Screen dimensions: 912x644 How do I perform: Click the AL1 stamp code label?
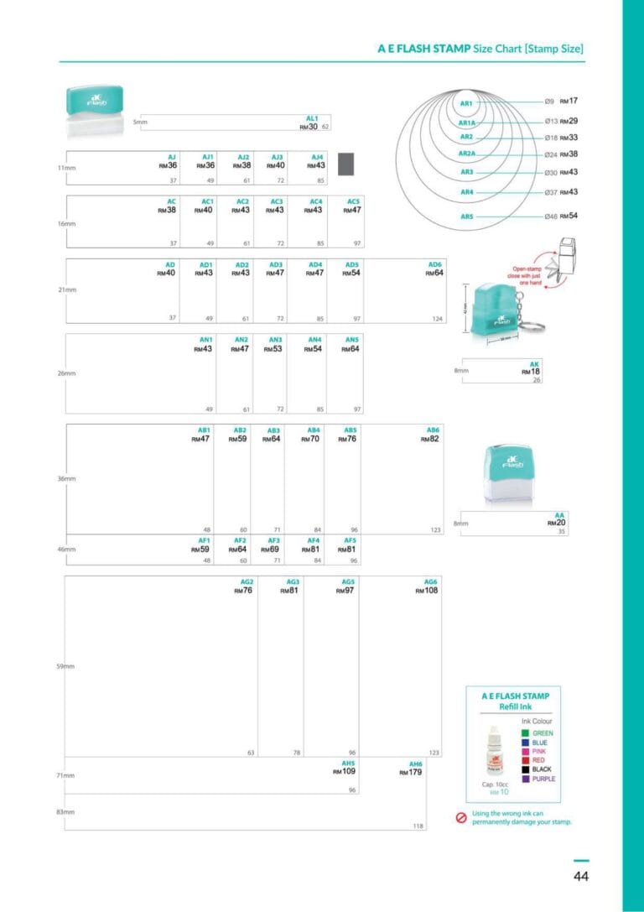coord(312,118)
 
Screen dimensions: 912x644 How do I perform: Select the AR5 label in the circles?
coord(467,217)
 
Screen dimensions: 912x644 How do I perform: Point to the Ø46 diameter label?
coord(550,216)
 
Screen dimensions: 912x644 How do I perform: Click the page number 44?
coord(581,877)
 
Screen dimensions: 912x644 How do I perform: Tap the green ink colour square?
coord(525,732)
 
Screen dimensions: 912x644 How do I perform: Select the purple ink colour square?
coord(525,779)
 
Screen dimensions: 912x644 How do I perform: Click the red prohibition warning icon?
coord(460,818)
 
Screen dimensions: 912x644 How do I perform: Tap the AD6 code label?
coord(434,264)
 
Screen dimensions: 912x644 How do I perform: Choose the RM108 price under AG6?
coord(426,591)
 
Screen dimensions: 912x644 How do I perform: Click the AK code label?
coord(535,363)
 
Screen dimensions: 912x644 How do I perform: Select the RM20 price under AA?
coord(557,523)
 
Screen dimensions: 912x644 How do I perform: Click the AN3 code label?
coord(276,339)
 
